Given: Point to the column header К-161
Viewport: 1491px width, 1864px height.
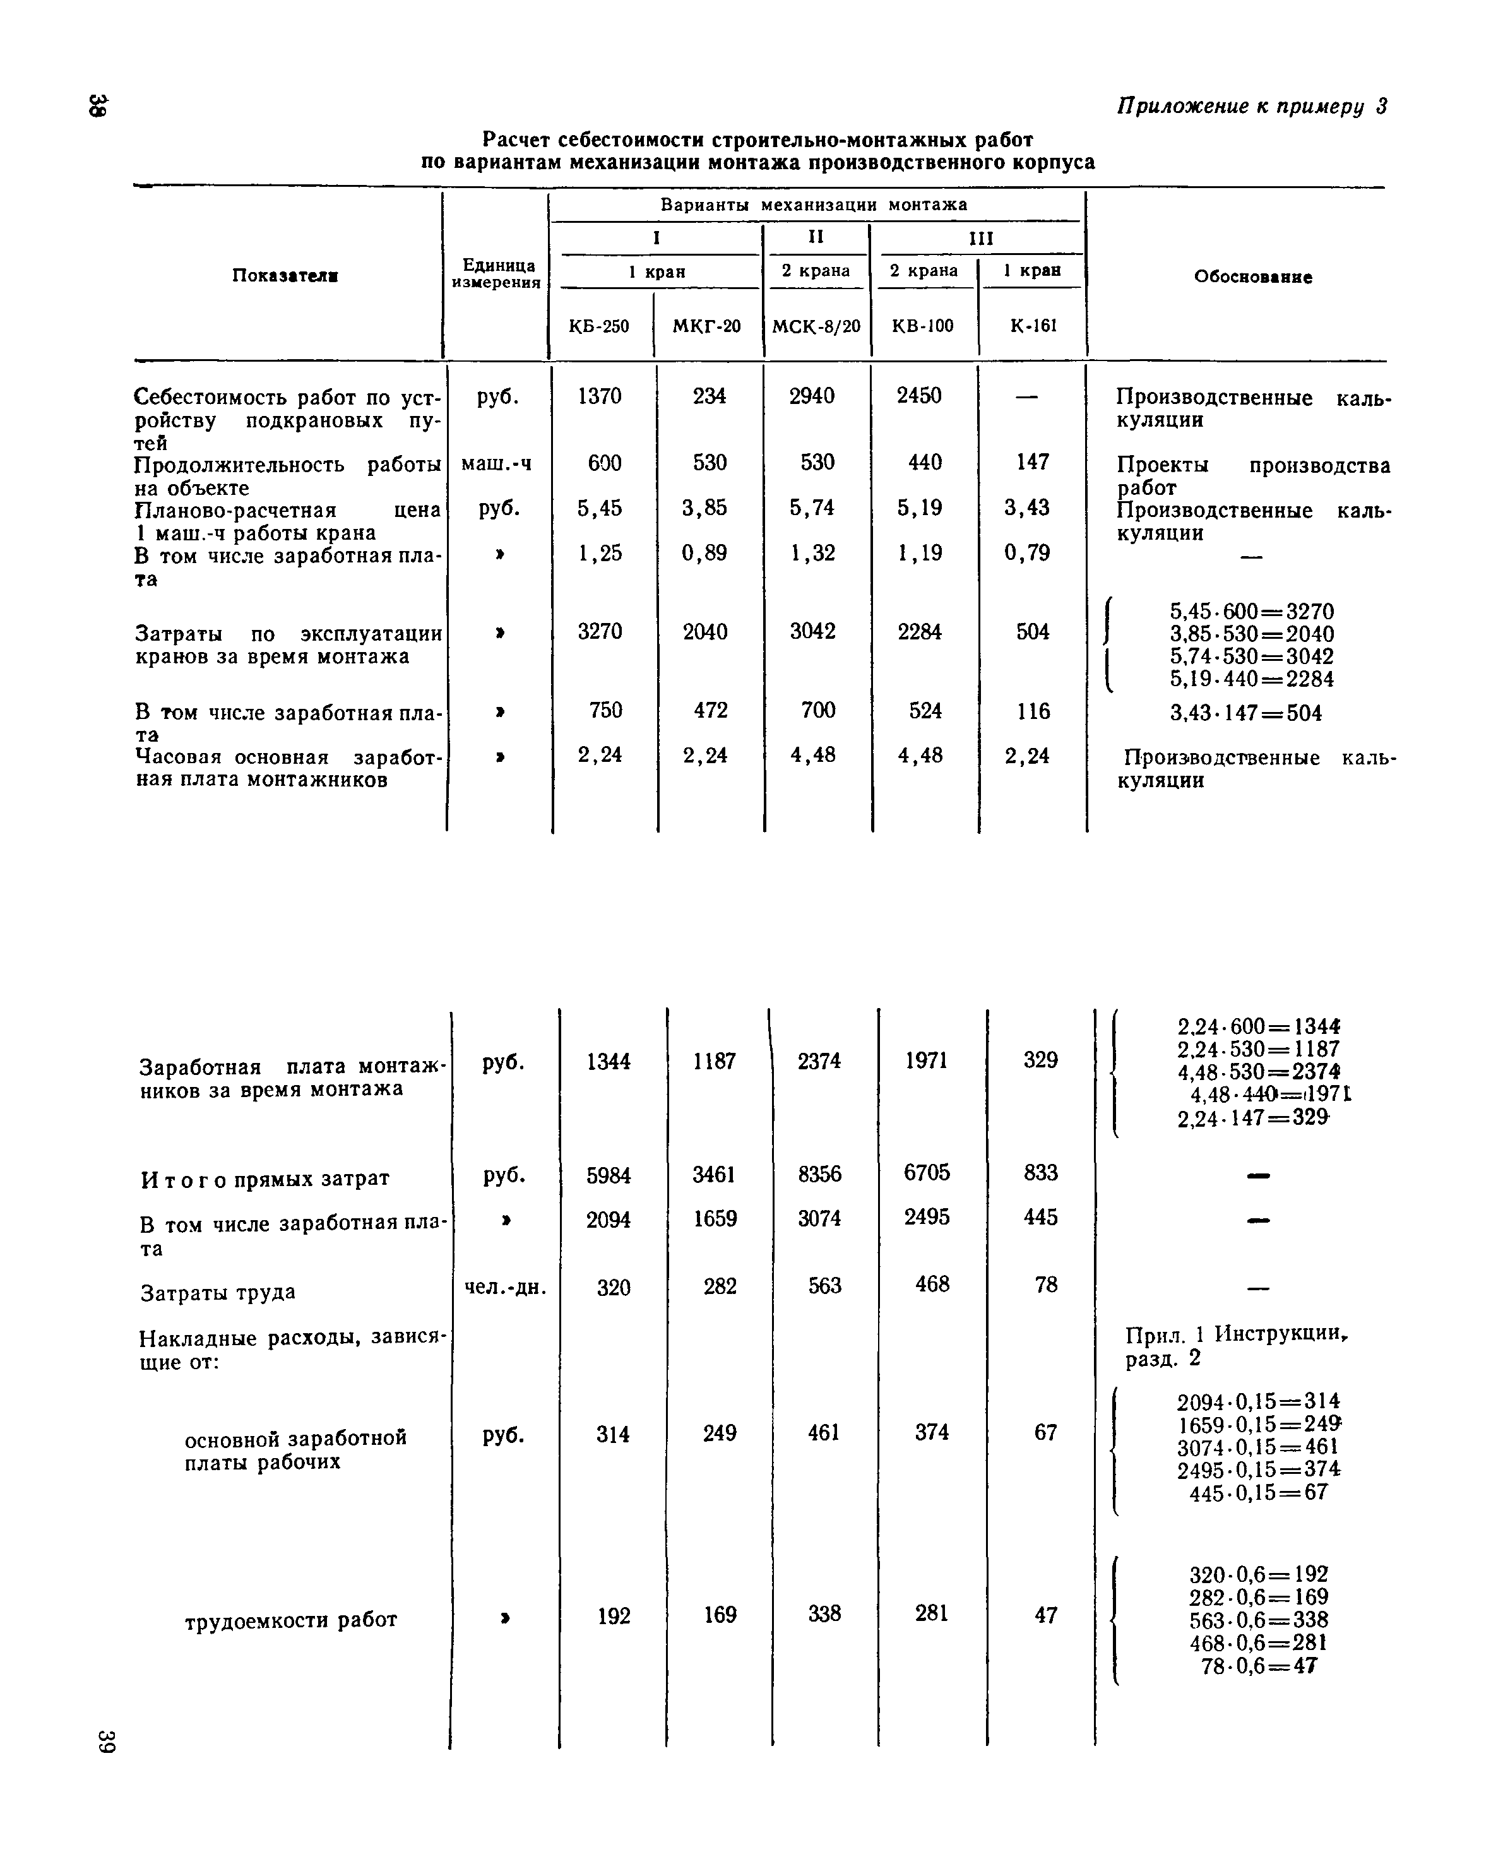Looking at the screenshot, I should coord(1033,326).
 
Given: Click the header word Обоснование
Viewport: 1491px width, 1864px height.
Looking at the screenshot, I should coord(1252,278).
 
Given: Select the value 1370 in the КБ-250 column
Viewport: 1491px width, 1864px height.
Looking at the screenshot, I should coord(599,396).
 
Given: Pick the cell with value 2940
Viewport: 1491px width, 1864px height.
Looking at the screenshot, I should coord(812,396).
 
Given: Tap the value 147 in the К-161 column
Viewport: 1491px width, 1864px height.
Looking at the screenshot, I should coord(1032,463).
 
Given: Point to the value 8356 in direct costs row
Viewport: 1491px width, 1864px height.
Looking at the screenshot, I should coord(819,1174).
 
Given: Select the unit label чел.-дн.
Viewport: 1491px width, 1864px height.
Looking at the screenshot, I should coord(506,1287).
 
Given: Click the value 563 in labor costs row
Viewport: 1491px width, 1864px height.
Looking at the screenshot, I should coord(824,1286).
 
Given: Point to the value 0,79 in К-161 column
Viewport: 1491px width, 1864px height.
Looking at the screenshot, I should coord(1027,552).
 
